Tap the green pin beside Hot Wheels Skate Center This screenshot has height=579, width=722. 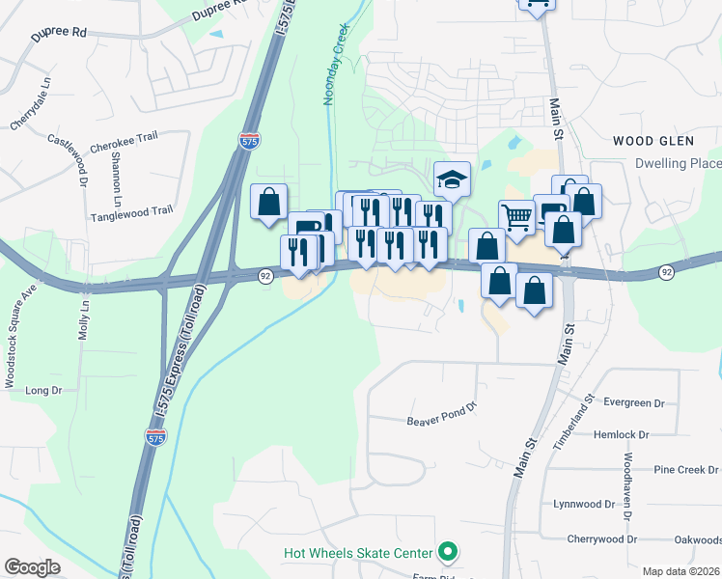click(x=447, y=553)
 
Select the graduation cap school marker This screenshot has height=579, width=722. click(x=451, y=179)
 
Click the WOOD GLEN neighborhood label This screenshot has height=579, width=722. click(x=653, y=141)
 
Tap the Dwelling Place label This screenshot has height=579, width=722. click(x=678, y=163)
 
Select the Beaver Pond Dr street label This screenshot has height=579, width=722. click(x=442, y=414)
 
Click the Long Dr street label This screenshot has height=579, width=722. click(x=42, y=391)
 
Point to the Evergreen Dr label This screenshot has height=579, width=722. click(x=633, y=402)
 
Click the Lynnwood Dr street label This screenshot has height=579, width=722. click(x=583, y=504)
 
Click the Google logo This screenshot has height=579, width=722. click(x=33, y=567)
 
